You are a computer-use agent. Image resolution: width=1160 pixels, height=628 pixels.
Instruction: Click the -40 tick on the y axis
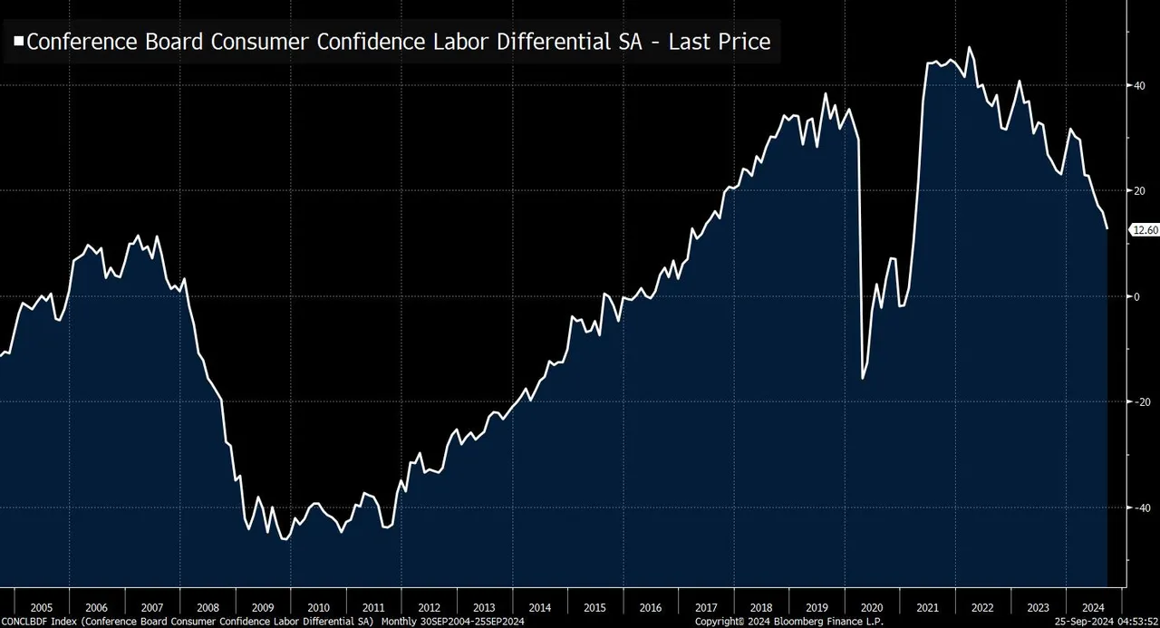coord(1139,507)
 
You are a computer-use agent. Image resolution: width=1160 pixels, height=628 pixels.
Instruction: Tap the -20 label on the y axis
coord(1139,401)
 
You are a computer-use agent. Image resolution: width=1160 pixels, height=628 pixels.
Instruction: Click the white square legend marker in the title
coord(18,42)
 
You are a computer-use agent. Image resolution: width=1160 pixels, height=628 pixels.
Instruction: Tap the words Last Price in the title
coord(720,42)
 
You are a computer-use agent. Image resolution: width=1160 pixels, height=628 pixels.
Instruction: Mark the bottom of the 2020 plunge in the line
coord(863,378)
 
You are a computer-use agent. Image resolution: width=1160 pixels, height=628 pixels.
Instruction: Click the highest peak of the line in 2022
coord(970,47)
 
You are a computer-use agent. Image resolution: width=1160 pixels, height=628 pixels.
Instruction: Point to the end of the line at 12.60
coord(1107,228)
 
